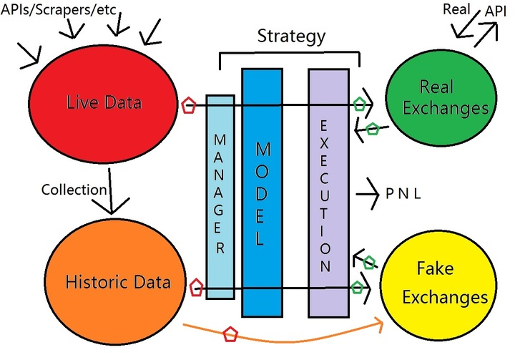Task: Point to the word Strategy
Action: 291,34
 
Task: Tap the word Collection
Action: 74,190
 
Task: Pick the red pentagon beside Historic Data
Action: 195,289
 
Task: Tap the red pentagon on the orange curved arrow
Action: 230,334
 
